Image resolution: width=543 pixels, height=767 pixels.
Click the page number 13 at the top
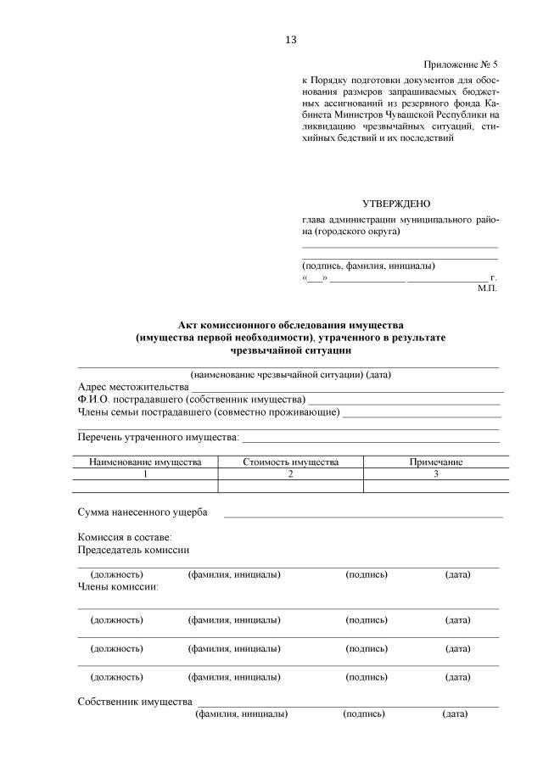[x=291, y=40]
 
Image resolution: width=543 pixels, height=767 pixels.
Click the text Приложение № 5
[x=460, y=64]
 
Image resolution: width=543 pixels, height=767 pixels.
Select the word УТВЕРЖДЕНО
[x=396, y=204]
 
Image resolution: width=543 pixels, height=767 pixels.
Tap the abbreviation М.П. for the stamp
[x=487, y=288]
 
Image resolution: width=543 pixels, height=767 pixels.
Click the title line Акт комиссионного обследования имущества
[x=290, y=325]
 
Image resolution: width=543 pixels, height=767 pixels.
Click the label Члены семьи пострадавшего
[x=143, y=412]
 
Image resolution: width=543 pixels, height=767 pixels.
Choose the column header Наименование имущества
[x=145, y=462]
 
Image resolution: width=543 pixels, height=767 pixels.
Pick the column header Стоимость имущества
[x=290, y=462]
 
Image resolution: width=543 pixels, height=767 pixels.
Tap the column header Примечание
[x=436, y=462]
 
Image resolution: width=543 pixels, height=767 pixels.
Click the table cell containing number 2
[x=290, y=474]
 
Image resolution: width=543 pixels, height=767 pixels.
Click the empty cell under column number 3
[x=436, y=487]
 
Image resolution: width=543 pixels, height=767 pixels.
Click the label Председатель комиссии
[x=132, y=549]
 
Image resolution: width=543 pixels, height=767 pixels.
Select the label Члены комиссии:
[x=119, y=586]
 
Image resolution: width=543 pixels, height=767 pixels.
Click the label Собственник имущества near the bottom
[x=134, y=702]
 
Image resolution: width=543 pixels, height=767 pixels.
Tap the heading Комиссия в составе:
[x=125, y=537]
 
